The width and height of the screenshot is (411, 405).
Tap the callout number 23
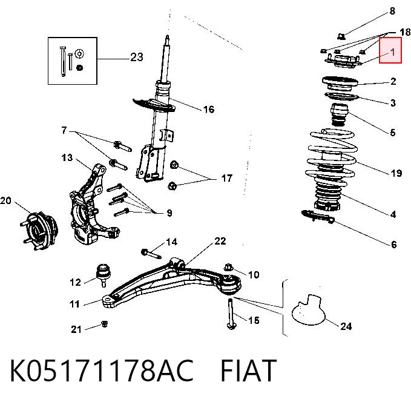click(137, 57)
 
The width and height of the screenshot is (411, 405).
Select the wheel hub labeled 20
click(39, 231)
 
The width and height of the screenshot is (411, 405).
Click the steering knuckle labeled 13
click(92, 205)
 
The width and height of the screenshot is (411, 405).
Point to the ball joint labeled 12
click(104, 275)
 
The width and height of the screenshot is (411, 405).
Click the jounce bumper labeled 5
click(340, 115)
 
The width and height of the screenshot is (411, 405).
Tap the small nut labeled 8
click(341, 36)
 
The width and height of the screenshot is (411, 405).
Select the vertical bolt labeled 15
click(231, 314)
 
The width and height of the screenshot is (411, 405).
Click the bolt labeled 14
click(151, 254)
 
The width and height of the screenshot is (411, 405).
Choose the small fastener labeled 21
click(105, 324)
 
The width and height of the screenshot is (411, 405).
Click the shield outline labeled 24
click(308, 310)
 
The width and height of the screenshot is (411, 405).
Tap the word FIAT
click(249, 370)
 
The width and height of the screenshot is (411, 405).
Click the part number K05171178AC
click(102, 370)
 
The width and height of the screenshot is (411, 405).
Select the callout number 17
click(227, 178)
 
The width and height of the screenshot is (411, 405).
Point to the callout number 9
click(169, 213)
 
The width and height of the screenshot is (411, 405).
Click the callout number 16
click(209, 109)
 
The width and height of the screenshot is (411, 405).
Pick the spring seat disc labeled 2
click(340, 84)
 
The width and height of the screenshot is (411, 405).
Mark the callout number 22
click(220, 241)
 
